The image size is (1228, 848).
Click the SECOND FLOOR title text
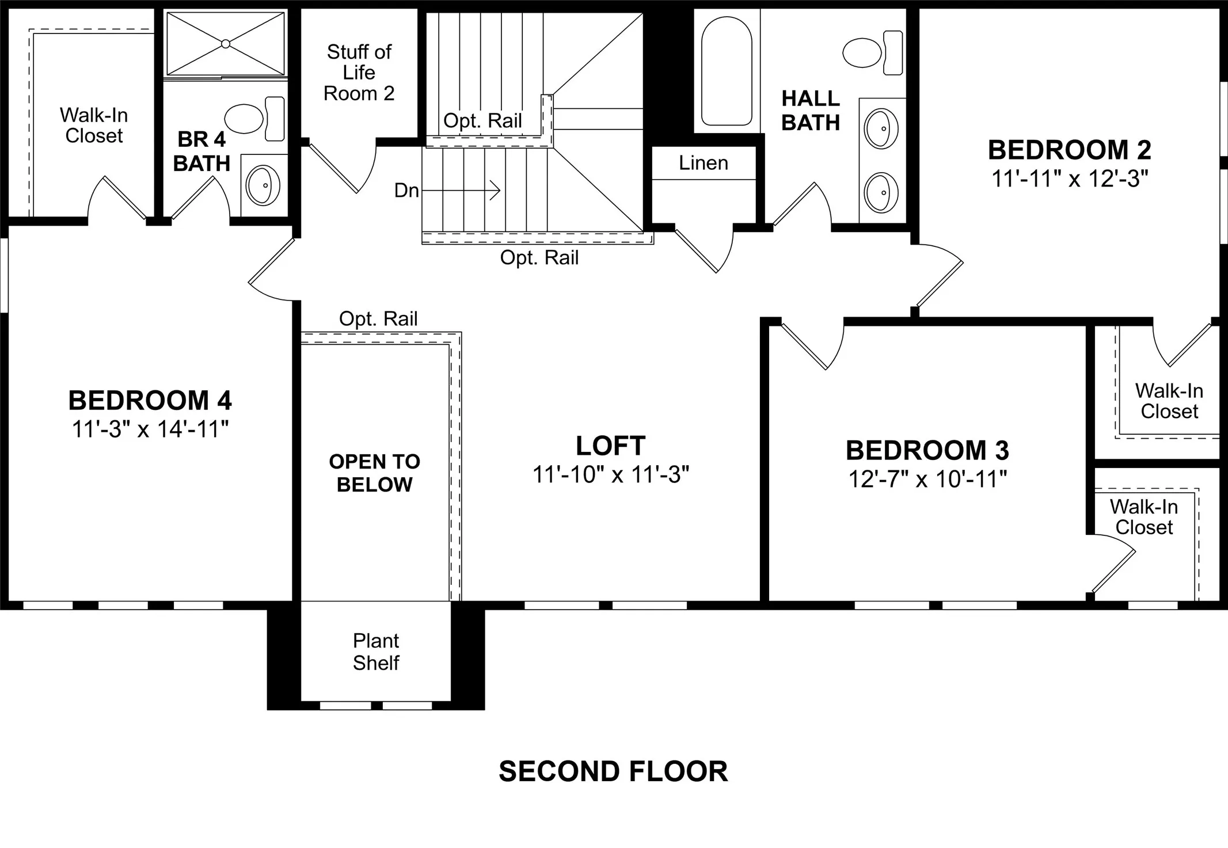(613, 771)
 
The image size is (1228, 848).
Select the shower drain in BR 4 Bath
(226, 44)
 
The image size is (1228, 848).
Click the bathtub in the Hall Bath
(727, 70)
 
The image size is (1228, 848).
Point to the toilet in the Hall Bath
(873, 52)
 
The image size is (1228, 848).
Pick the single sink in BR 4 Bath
(263, 185)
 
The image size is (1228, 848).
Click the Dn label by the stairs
(406, 191)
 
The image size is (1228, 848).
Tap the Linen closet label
(704, 163)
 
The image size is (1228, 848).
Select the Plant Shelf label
(376, 652)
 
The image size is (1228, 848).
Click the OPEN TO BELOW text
(374, 473)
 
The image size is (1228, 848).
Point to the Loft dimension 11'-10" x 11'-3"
(611, 475)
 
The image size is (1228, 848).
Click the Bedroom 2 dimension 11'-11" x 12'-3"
(1070, 179)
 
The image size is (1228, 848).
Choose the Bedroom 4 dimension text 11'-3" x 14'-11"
(150, 429)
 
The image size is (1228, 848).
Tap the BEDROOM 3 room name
(927, 450)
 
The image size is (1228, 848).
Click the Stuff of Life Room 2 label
(359, 73)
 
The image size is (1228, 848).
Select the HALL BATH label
(811, 111)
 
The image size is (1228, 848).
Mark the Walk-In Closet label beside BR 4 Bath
(94, 126)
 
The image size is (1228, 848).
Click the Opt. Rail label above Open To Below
(378, 319)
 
